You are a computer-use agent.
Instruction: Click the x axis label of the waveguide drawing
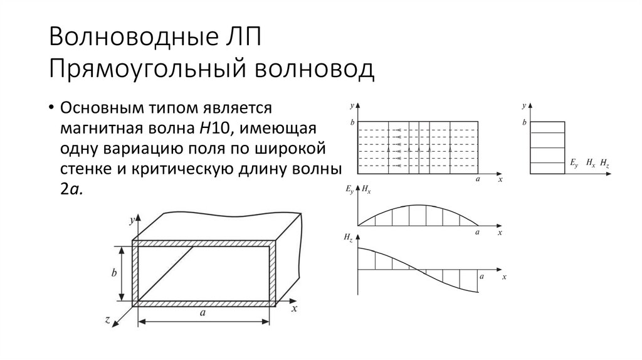click(x=293, y=309)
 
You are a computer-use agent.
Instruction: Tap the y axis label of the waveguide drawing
click(x=131, y=220)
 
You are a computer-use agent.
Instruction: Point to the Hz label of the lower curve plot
click(x=348, y=238)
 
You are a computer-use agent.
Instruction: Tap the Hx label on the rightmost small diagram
click(x=590, y=162)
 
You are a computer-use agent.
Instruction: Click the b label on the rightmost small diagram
click(x=524, y=122)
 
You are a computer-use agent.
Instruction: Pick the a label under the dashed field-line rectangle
click(x=478, y=179)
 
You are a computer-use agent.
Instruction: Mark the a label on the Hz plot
click(x=481, y=276)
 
